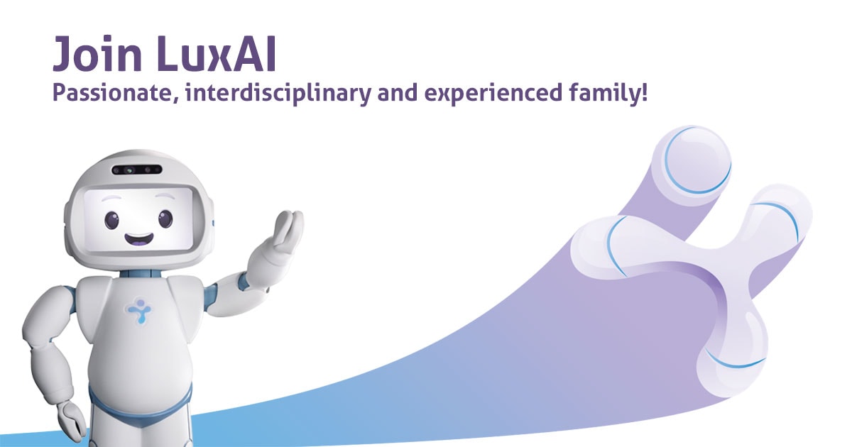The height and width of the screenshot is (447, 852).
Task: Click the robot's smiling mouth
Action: point(139,238)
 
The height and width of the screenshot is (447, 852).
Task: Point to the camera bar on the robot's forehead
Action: point(136,170)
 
